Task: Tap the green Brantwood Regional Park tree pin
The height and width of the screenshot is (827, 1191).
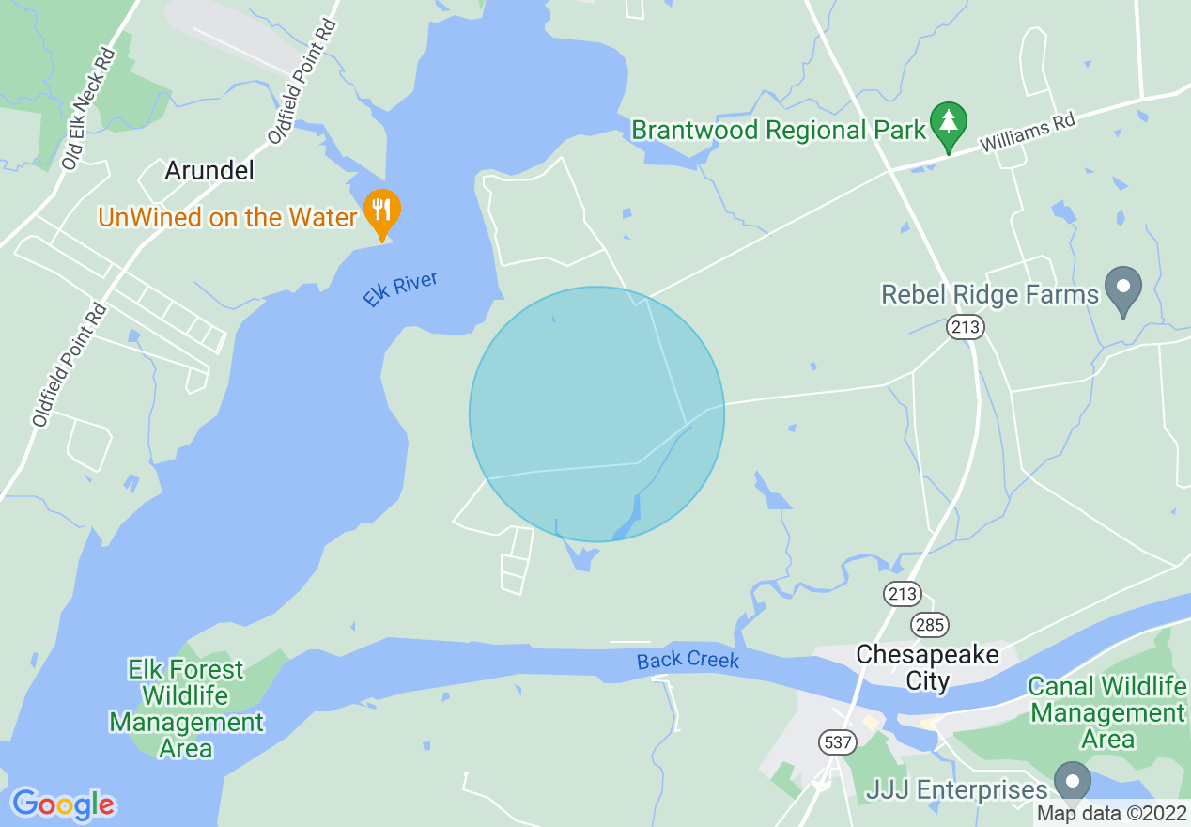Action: tap(949, 123)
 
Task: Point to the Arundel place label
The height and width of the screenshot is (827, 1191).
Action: tap(209, 170)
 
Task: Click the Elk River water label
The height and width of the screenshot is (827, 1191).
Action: tap(401, 289)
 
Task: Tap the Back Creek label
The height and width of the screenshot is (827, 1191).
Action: tap(688, 660)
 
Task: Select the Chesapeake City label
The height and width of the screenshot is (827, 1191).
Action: tap(927, 667)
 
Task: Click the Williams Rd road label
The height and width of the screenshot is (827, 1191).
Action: tap(1027, 134)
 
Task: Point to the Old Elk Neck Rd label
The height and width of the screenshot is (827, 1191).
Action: tap(88, 109)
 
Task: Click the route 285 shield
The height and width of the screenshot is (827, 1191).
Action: tap(929, 624)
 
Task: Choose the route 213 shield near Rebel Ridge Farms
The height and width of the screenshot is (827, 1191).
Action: tap(966, 327)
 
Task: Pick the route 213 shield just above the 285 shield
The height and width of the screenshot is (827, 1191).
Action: tap(902, 593)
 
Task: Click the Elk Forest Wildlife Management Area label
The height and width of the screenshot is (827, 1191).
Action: tap(186, 709)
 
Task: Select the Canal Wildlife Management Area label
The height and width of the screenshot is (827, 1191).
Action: tap(1107, 712)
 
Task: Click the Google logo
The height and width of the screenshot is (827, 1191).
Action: tap(63, 804)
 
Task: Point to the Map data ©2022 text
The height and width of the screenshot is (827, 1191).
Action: tap(1111, 813)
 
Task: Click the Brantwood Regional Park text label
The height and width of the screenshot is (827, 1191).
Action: tap(779, 130)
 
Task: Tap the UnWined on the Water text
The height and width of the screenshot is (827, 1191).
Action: tap(228, 217)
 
